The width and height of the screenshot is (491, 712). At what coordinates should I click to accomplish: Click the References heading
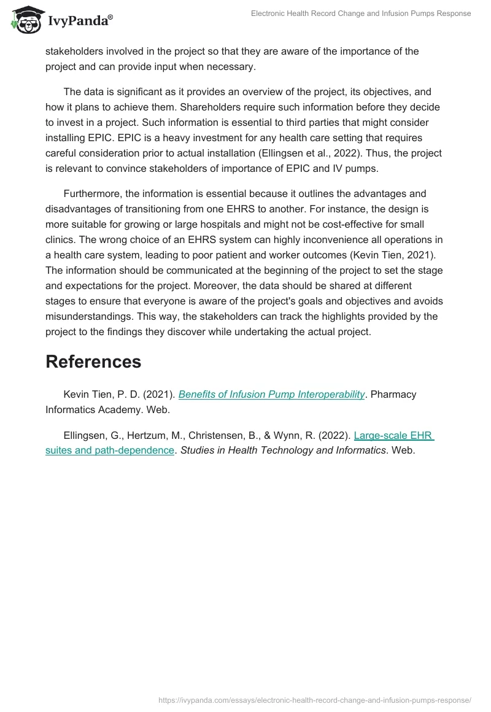point(93,362)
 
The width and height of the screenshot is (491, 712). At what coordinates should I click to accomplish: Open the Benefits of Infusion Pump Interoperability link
point(271,395)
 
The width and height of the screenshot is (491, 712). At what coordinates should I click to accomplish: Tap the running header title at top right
point(361,14)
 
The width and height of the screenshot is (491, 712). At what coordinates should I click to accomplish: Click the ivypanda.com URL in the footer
point(314,700)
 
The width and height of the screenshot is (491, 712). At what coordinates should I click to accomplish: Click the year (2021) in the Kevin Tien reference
point(160,395)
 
